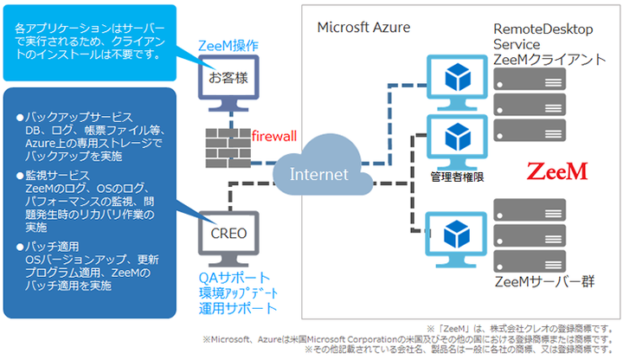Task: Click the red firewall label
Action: tap(274, 136)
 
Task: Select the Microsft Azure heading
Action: tap(363, 26)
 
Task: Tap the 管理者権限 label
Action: tap(455, 177)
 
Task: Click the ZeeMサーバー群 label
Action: tap(536, 282)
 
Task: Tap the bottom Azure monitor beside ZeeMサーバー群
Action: tap(455, 237)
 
